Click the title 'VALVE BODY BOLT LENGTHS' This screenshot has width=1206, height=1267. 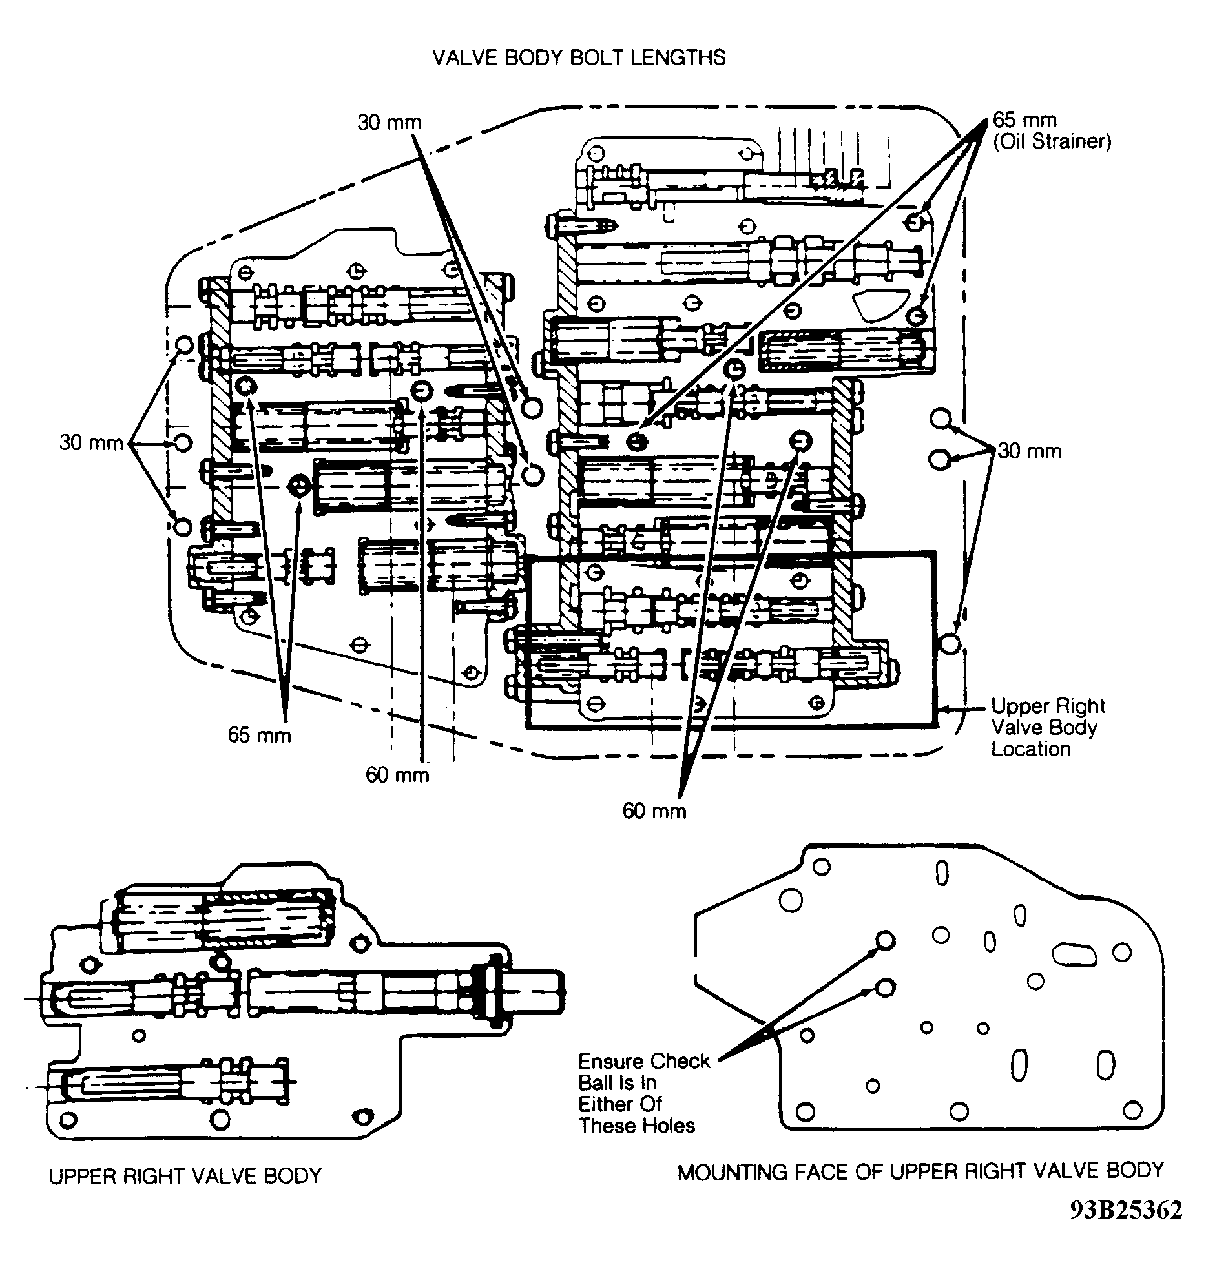pos(579,57)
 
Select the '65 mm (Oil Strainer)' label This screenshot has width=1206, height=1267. pos(1052,130)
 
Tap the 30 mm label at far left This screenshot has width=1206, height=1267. pos(91,443)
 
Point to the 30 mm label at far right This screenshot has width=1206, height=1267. pos(1030,451)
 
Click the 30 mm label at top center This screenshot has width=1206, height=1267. pos(390,122)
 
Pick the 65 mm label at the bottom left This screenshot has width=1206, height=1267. pos(259,735)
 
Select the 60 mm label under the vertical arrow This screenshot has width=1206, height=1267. pos(397,774)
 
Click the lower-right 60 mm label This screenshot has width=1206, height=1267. pos(654,811)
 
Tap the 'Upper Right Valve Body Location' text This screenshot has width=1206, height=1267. pos(1048,727)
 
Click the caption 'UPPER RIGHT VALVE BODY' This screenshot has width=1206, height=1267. pos(185,1175)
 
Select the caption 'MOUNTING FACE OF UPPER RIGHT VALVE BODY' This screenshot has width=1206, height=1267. pos(920,1171)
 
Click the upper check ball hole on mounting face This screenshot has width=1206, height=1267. pos(885,940)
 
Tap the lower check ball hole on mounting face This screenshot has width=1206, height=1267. pos(885,987)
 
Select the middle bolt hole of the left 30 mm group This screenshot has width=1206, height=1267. pos(183,442)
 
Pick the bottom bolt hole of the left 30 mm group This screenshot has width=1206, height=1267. pos(183,526)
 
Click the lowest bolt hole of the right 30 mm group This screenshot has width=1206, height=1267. pos(950,644)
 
